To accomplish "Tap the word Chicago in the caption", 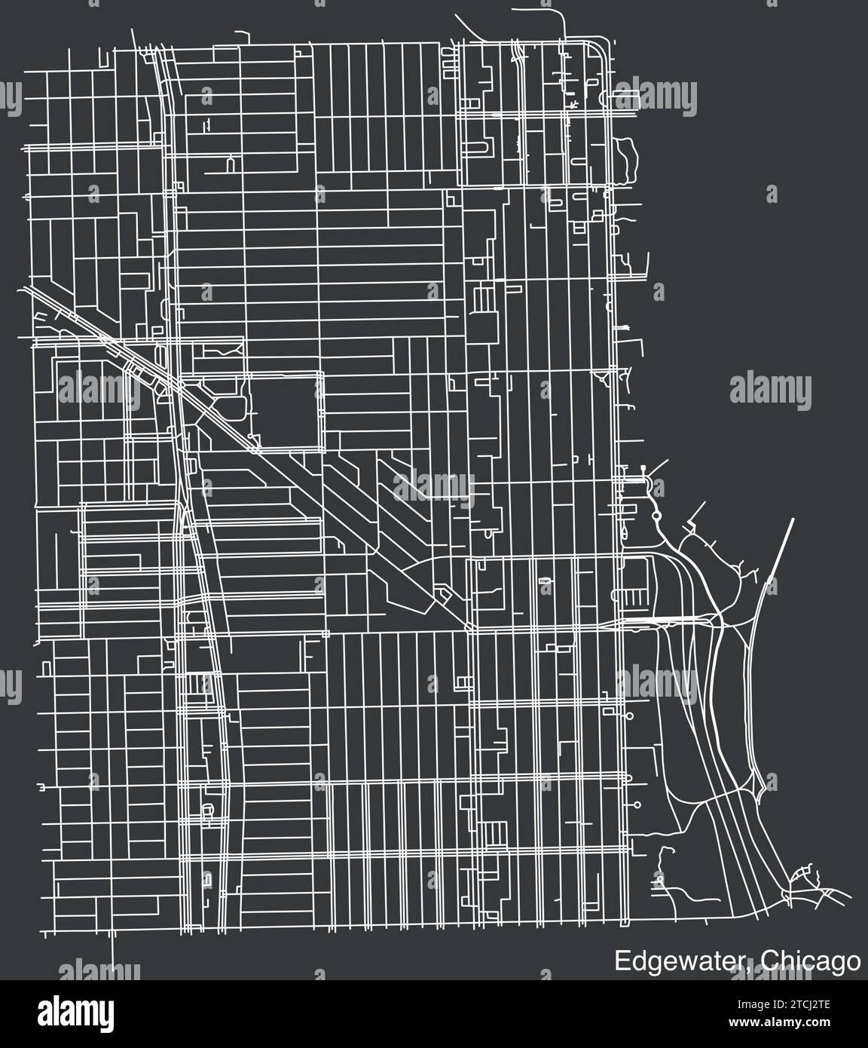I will pyautogui.click(x=809, y=961).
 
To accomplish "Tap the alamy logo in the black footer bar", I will pyautogui.click(x=75, y=1010).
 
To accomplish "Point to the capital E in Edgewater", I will pyautogui.click(x=620, y=961).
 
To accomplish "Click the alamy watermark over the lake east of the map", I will pyautogui.click(x=769, y=389).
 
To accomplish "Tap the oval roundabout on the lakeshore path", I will pyautogui.click(x=657, y=516).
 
